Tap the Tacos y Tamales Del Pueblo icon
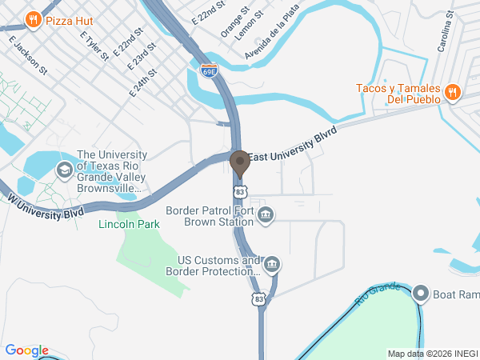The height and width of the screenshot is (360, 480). click(451, 93)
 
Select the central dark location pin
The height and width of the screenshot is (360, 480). click(239, 163)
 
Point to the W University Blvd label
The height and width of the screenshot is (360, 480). click(46, 206)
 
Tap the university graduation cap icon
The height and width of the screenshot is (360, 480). click(62, 170)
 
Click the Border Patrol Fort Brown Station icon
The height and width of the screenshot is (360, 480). click(266, 214)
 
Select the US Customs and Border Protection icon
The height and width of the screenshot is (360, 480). click(271, 265)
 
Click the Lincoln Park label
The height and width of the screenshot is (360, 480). click(129, 225)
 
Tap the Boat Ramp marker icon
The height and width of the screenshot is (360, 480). click(422, 294)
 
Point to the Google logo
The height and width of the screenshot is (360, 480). click(26, 350)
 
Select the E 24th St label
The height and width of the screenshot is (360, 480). click(143, 82)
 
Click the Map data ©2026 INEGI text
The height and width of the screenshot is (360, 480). click(432, 354)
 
